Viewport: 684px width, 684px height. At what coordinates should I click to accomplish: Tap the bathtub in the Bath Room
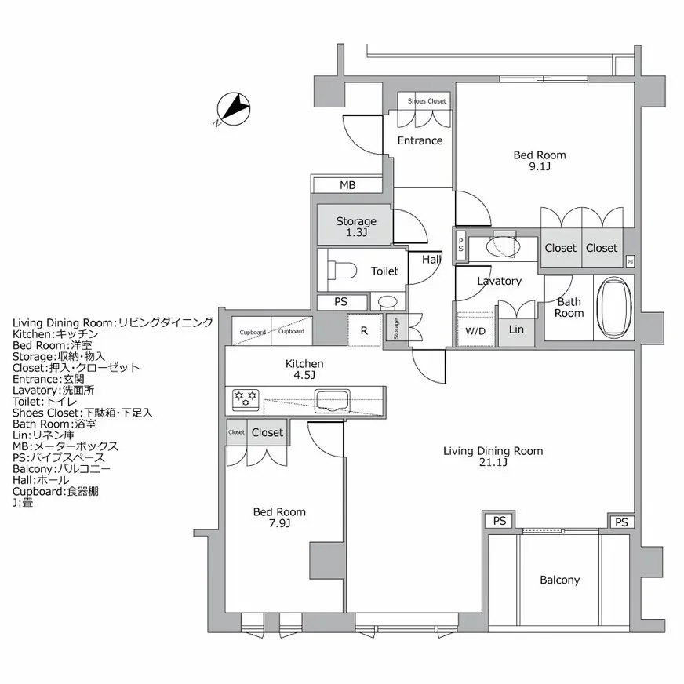[614, 306]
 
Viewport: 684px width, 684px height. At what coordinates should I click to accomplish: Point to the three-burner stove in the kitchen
[246, 400]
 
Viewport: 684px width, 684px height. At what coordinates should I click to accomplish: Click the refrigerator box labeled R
[364, 330]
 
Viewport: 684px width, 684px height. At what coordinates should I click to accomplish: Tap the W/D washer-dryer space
[475, 330]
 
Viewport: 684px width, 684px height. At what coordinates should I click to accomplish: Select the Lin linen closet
[516, 329]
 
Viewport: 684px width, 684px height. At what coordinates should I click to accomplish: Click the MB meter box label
[347, 185]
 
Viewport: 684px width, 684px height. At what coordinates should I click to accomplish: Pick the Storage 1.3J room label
[356, 227]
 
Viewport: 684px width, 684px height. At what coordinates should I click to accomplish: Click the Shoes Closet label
[427, 101]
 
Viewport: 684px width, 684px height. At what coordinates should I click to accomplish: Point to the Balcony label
[559, 580]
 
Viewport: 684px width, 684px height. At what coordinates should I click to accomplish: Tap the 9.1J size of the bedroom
[540, 166]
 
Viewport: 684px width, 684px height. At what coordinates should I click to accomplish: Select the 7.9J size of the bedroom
[279, 523]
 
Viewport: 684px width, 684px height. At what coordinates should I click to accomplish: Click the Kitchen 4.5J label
[304, 369]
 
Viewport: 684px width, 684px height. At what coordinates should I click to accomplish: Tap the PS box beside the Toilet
[340, 301]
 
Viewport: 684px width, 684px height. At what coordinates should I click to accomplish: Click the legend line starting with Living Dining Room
[112, 322]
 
